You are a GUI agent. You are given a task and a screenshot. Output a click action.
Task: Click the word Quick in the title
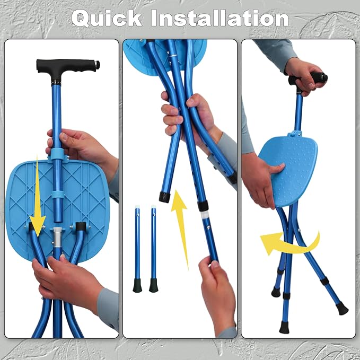pyautogui.click(x=107, y=18)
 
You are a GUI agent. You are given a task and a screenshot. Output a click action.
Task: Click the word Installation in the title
pyautogui.click(x=219, y=18)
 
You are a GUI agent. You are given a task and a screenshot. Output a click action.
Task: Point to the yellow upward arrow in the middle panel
pyautogui.click(x=181, y=227)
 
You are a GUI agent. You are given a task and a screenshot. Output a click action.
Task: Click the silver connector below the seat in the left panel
pyautogui.click(x=57, y=236)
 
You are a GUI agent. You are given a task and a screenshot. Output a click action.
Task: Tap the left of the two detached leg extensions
pyautogui.click(x=137, y=249)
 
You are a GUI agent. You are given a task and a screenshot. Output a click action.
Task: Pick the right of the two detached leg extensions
pyautogui.click(x=153, y=249)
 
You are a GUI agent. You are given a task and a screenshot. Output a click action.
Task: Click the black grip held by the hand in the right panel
pyautogui.click(x=308, y=78)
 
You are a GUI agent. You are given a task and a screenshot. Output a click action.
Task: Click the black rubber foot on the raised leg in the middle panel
pyautogui.click(x=164, y=197)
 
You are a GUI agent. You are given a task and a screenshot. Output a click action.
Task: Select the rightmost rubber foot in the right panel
pyautogui.click(x=342, y=309)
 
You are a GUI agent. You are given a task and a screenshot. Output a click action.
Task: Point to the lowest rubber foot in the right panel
pyautogui.click(x=284, y=328)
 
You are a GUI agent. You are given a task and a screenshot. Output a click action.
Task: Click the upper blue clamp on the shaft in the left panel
pyautogui.click(x=57, y=154)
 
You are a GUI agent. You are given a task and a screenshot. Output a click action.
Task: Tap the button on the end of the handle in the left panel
pyautogui.click(x=98, y=65)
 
